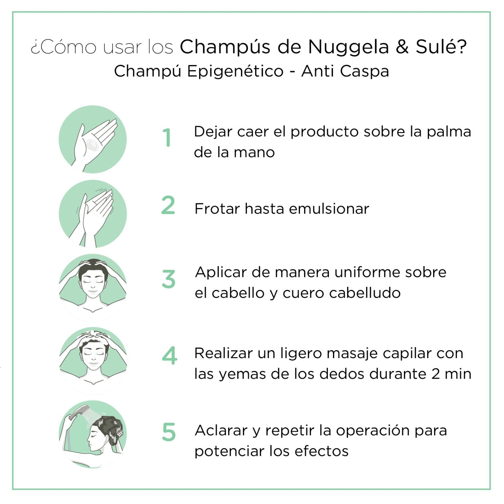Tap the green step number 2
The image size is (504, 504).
(x=168, y=205)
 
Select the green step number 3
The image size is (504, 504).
(x=168, y=279)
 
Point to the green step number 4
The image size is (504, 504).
(x=169, y=356)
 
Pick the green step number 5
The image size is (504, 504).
(x=169, y=432)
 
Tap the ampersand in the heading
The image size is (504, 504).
(x=402, y=47)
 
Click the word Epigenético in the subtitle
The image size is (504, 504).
(x=235, y=71)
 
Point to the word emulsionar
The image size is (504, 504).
(x=329, y=209)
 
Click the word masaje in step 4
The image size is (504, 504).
(x=352, y=353)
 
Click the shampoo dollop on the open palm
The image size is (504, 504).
(x=92, y=145)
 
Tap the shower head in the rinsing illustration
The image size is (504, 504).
(x=78, y=412)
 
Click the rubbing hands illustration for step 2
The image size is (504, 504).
(x=93, y=214)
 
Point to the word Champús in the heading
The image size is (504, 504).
(x=225, y=47)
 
